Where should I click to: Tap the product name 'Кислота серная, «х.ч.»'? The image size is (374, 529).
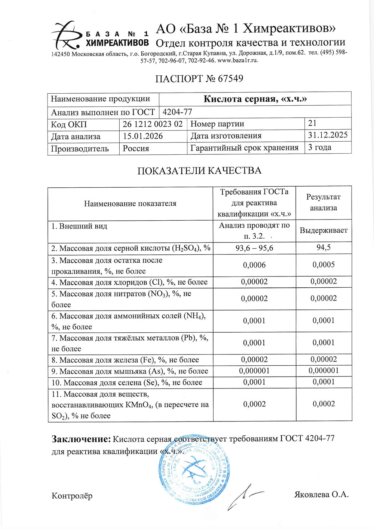pos(255,99)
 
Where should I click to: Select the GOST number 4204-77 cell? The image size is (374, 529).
pos(177,112)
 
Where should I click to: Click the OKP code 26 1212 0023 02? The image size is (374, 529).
pos(153,124)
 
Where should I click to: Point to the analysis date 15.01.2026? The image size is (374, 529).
pos(143,136)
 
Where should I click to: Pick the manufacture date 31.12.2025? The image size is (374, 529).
pos(328,135)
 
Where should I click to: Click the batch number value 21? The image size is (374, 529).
pos(312,123)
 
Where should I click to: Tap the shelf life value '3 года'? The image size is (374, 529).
pos(319,148)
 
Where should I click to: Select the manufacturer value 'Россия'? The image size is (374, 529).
pos(136,148)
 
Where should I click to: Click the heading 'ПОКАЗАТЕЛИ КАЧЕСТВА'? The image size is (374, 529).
pos(199,171)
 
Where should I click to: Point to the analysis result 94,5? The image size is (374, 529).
pos(324,248)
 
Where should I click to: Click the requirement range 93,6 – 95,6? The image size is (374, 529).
pos(254,248)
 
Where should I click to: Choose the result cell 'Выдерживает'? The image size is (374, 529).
pos(324,230)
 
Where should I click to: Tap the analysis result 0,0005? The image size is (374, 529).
pos(324,264)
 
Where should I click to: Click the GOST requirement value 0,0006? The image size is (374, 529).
pos(254,265)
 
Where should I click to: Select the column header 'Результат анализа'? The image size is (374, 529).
pos(324,202)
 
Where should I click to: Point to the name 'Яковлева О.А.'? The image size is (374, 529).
pos(321,495)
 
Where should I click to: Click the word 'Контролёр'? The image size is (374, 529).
pos(72,496)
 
